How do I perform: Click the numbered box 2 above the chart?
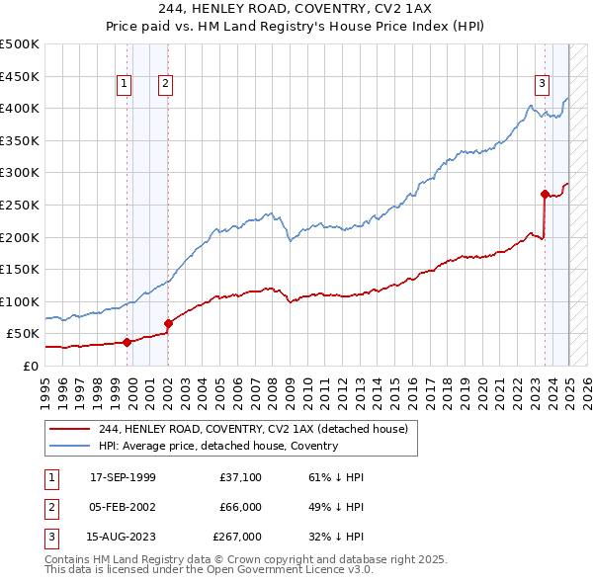(x=165, y=84)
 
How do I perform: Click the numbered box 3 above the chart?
(x=543, y=84)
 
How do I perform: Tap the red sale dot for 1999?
(x=127, y=342)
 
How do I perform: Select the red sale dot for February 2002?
(x=168, y=323)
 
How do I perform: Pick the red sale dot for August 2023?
(x=545, y=194)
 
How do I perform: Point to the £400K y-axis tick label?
(x=20, y=108)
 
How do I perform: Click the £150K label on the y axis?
(x=20, y=269)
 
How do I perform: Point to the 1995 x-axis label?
(x=45, y=385)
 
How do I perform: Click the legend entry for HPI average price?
(x=217, y=446)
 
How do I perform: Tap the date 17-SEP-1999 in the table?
(x=123, y=476)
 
